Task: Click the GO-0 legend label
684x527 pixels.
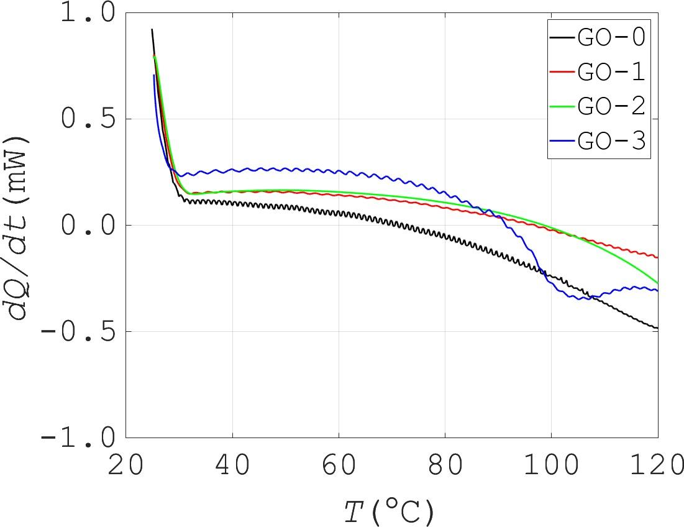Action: click(611, 38)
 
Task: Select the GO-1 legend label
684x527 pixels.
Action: click(611, 73)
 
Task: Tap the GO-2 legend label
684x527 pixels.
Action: click(611, 107)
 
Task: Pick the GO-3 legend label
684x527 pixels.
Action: click(611, 142)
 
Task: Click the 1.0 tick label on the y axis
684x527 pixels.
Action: click(88, 14)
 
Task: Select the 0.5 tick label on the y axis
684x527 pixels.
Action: click(88, 119)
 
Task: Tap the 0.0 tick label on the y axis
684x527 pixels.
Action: click(88, 226)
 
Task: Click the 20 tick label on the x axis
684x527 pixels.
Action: click(126, 465)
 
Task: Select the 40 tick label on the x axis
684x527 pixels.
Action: click(232, 465)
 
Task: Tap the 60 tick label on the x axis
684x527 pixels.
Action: click(339, 465)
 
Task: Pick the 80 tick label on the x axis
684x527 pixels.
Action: click(445, 465)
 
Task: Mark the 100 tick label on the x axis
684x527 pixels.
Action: click(551, 465)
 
